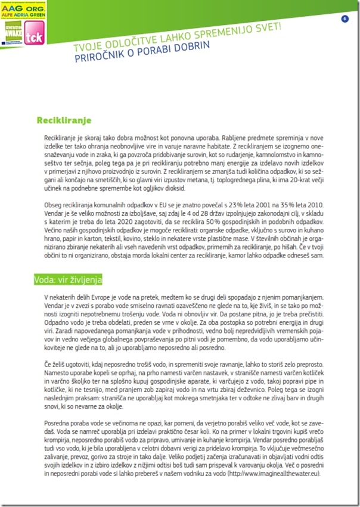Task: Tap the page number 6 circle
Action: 345,19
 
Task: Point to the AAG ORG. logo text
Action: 17,5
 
